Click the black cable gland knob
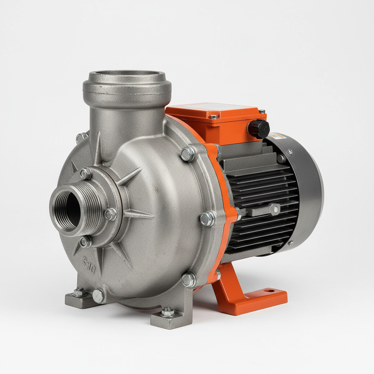click(259, 129)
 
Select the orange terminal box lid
click(215, 110)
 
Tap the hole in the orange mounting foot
click(270, 291)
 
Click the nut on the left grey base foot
click(79, 292)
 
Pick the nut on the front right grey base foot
click(168, 312)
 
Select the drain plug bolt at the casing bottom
click(98, 295)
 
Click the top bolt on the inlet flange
click(85, 173)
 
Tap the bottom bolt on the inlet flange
click(85, 241)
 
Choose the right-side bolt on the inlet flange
click(111, 214)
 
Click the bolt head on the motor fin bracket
click(274, 209)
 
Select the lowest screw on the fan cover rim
click(290, 243)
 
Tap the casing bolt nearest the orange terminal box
click(188, 154)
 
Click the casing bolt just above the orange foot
click(189, 280)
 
